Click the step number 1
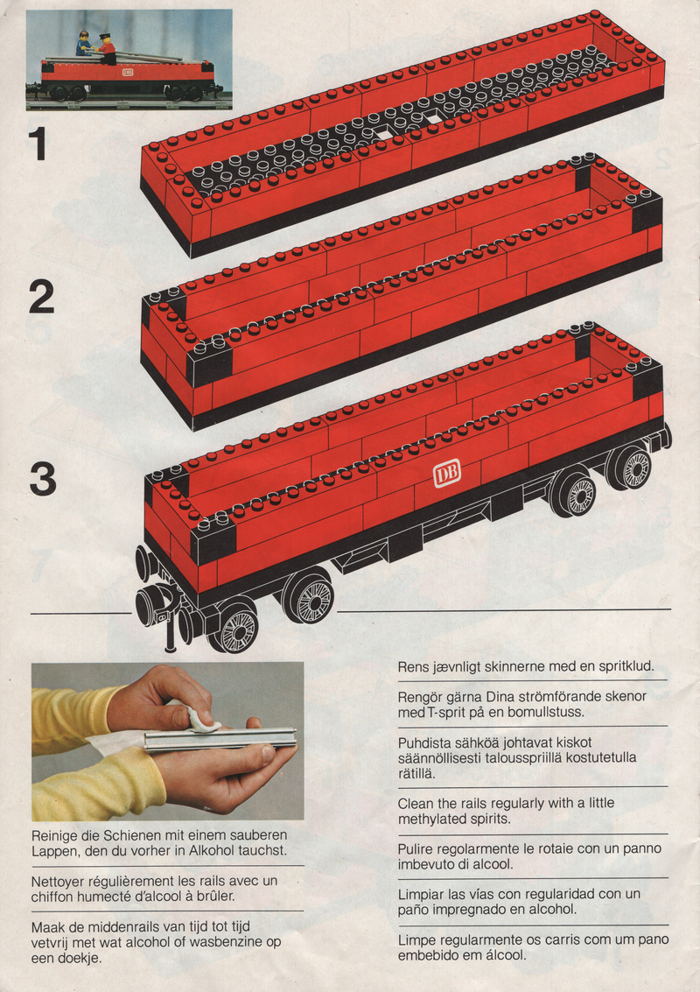click(x=38, y=144)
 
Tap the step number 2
click(x=42, y=297)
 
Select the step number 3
click(x=42, y=480)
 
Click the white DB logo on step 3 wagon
click(x=446, y=473)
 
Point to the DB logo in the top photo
click(x=128, y=72)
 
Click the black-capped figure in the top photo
click(x=107, y=49)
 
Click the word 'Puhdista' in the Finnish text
click(x=423, y=742)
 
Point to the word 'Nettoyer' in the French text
click(x=58, y=881)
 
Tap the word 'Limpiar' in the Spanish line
click(x=421, y=894)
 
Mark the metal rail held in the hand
click(x=220, y=739)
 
